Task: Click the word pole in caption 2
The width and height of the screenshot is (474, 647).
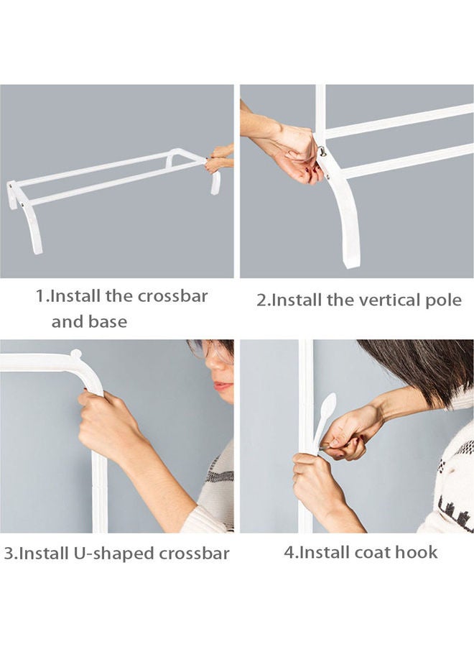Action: click(x=445, y=300)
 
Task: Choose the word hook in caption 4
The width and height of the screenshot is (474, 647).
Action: click(x=416, y=552)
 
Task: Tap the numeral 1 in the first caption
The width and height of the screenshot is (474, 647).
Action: click(x=41, y=296)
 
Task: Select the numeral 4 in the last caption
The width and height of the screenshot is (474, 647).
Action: click(x=288, y=552)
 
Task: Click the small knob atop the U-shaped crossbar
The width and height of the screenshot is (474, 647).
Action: click(x=75, y=354)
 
